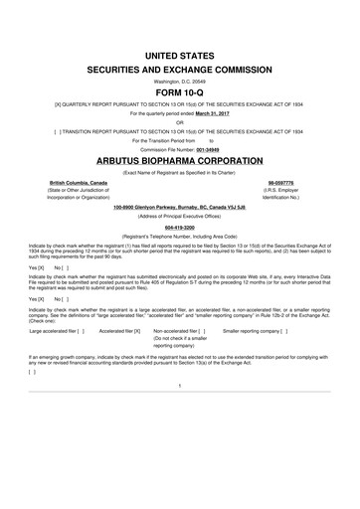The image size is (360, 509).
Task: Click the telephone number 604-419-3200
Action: (x=179, y=226)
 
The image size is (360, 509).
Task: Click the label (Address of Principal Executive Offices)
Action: (x=179, y=215)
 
